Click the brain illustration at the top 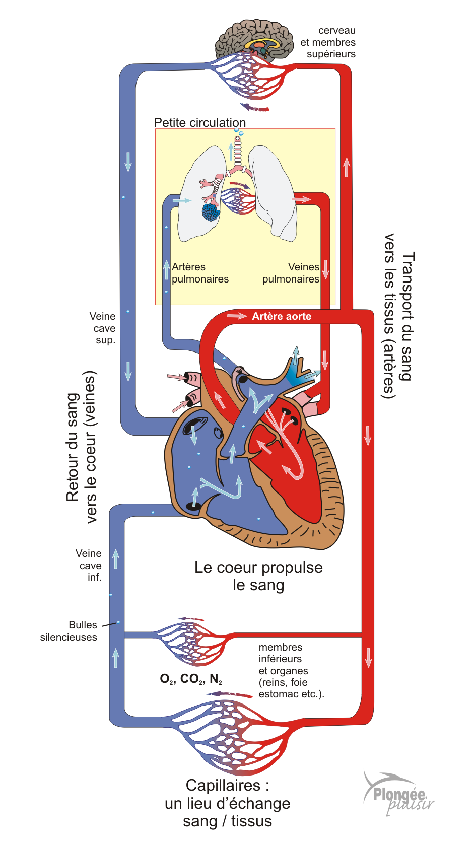(x=254, y=40)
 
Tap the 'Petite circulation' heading (x=200, y=123)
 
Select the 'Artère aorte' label (x=282, y=316)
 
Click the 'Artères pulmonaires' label (x=200, y=273)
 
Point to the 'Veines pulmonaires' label (x=291, y=273)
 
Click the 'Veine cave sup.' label (x=103, y=328)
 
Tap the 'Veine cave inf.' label (x=89, y=565)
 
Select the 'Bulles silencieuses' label (x=69, y=631)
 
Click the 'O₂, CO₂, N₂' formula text (x=191, y=679)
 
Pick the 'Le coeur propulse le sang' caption (x=258, y=576)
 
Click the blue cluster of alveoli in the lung (x=211, y=212)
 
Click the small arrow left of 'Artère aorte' (x=237, y=316)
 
